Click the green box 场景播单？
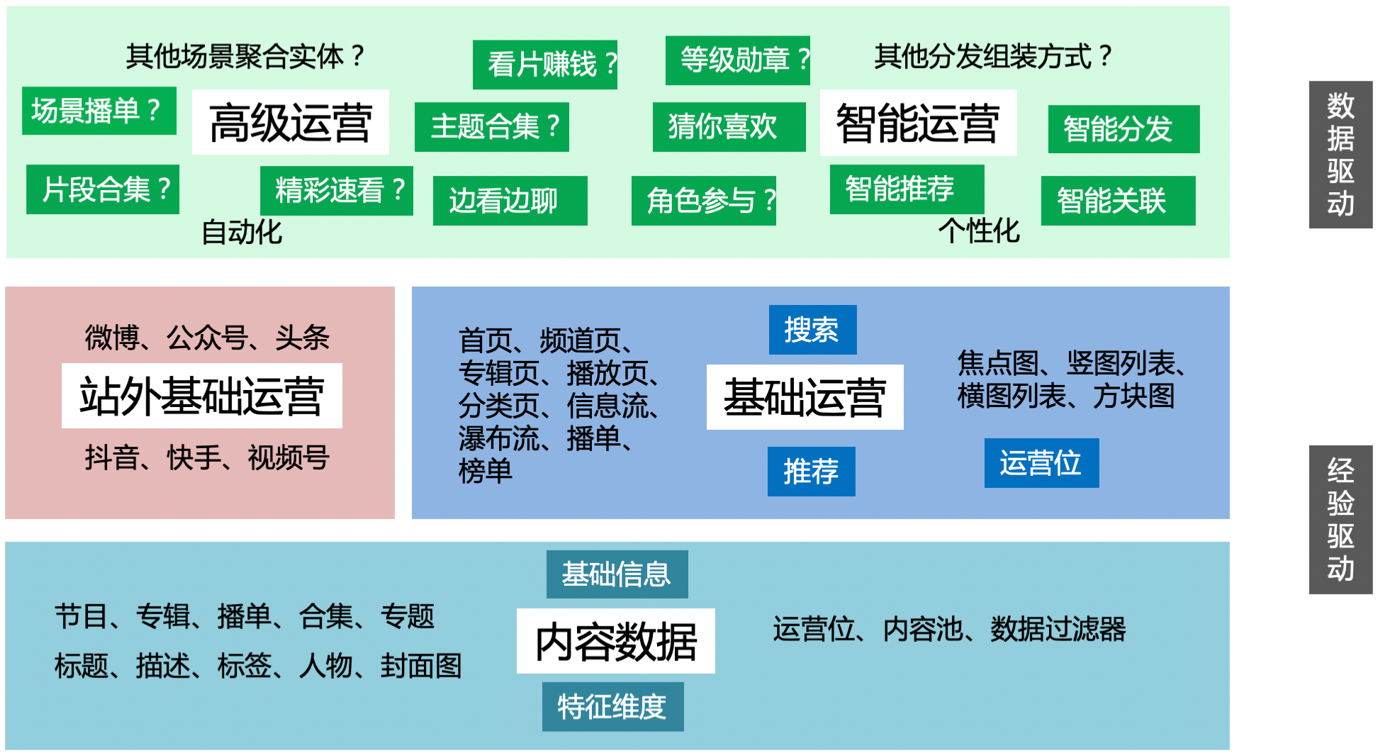click(99, 111)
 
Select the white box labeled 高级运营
click(291, 122)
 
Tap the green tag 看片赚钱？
click(545, 65)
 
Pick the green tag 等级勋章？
click(738, 60)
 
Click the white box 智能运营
click(919, 123)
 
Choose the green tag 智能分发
click(1124, 129)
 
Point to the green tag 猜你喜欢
click(729, 127)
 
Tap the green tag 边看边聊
click(510, 201)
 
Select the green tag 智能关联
click(1119, 201)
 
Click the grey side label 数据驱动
click(1341, 155)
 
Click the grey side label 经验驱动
click(1341, 520)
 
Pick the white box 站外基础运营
click(202, 396)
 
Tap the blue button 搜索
click(813, 330)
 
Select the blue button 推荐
click(812, 472)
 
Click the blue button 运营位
click(1042, 463)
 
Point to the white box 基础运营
click(805, 397)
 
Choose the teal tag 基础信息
click(617, 574)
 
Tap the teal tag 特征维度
click(613, 707)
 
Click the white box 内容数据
click(616, 641)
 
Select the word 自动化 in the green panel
click(242, 232)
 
